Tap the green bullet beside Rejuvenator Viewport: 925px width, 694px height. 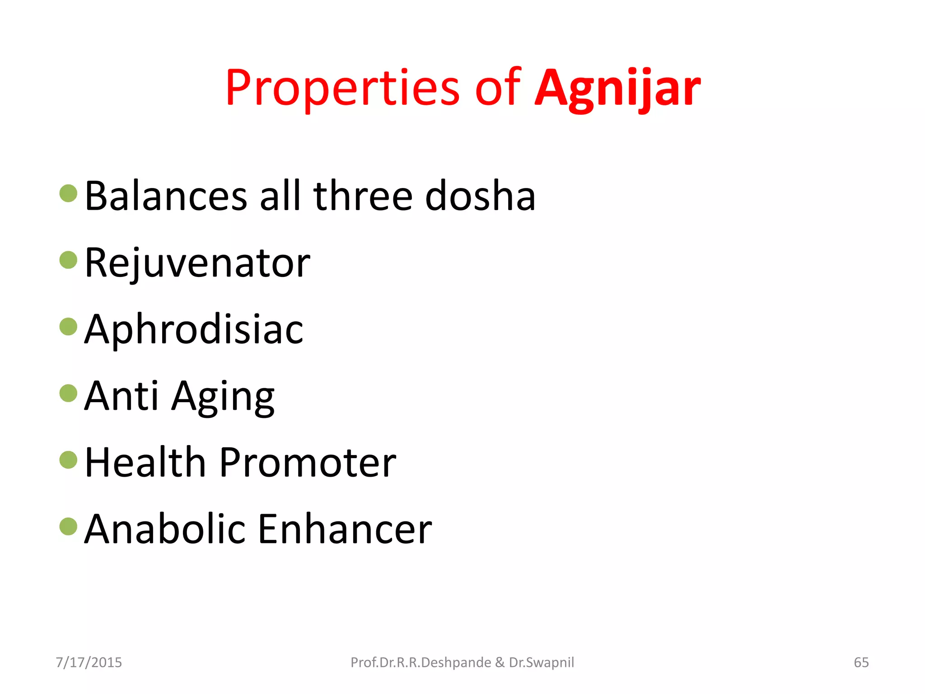coord(69,260)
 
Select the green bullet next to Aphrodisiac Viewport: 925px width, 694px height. coord(69,327)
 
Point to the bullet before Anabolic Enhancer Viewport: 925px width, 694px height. coord(69,526)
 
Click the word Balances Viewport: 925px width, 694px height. coord(166,196)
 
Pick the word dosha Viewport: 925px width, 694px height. coord(480,196)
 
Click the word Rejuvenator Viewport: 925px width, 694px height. coord(197,263)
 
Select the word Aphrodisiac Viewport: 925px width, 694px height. coord(194,330)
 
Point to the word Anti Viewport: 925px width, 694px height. coord(121,396)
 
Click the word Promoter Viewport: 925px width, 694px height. coord(308,463)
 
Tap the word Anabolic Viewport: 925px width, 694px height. coord(165,529)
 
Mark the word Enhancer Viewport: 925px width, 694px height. coord(345,529)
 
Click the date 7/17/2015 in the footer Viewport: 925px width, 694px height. coord(89,662)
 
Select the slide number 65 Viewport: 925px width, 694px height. coord(861,662)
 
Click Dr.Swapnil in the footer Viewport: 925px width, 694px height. coord(542,662)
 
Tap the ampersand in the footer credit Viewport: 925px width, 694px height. coord(500,662)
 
